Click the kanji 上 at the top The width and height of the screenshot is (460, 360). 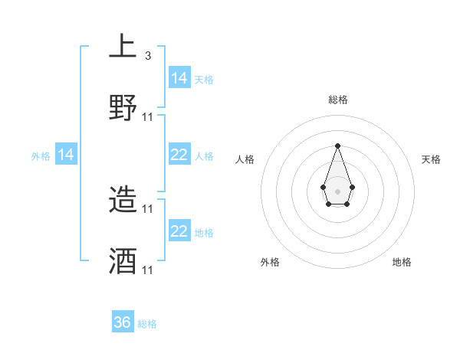123,47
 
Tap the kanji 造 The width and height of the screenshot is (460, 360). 123,201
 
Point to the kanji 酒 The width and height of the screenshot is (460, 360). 123,262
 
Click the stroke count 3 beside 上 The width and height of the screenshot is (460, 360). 148,56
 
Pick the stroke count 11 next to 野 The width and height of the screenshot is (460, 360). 148,116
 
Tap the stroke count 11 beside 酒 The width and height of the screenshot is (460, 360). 148,270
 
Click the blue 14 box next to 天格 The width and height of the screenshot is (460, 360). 179,78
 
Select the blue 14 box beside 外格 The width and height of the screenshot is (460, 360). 66,155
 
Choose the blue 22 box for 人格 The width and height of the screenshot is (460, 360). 179,155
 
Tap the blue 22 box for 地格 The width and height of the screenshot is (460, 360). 179,231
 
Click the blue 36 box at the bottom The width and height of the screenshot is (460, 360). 123,322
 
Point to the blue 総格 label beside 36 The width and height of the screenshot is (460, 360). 147,324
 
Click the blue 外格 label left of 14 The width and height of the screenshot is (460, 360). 41,156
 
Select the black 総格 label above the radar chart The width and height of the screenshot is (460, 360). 337,100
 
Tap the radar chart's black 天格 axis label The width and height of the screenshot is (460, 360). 432,159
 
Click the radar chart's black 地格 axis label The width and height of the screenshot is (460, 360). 402,262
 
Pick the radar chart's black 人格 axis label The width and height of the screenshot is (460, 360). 245,159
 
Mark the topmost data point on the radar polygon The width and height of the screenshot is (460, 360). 337,145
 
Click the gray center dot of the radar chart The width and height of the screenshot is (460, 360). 337,190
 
